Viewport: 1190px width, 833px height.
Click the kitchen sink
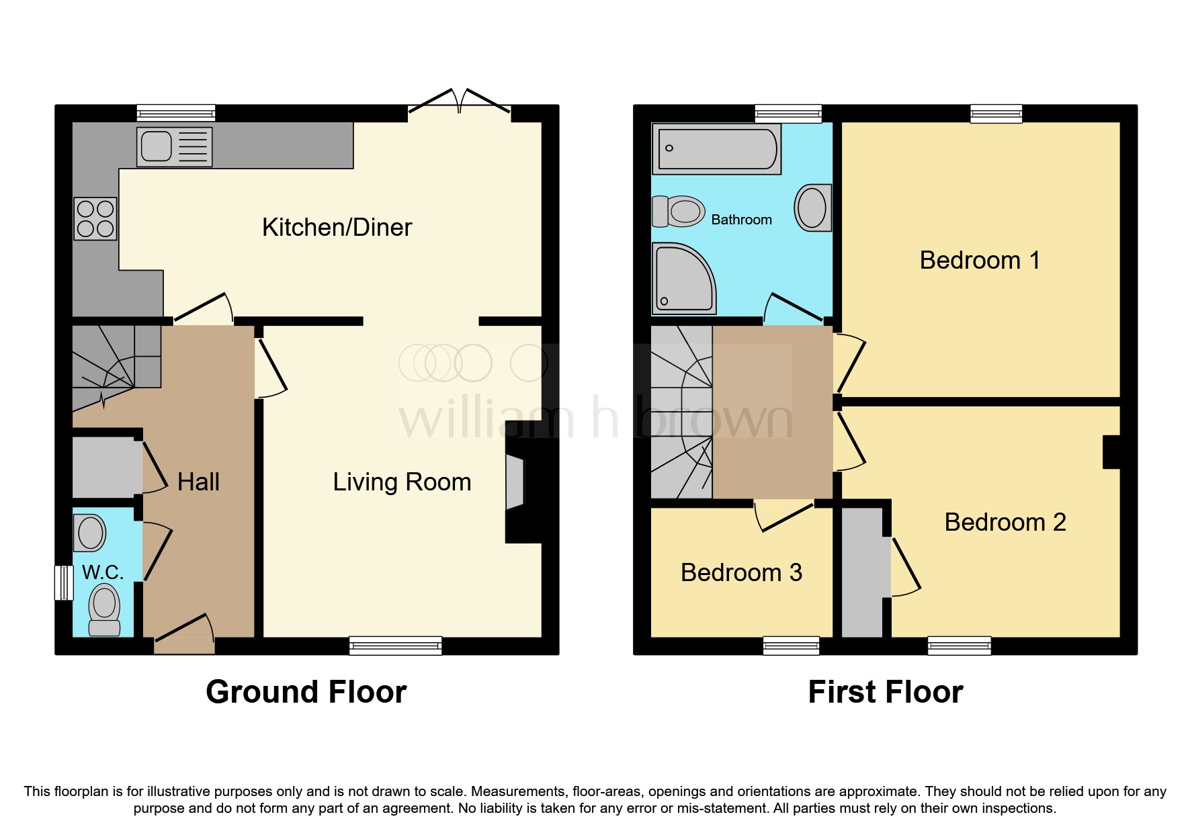pos(174,147)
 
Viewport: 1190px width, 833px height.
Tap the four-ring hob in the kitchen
pos(95,219)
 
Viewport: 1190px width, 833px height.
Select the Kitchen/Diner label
pos(337,228)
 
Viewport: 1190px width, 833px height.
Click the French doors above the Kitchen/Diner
pos(460,104)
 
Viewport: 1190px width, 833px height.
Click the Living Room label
pos(402,482)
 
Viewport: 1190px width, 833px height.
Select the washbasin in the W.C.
pos(91,533)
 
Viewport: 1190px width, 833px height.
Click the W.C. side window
pos(64,582)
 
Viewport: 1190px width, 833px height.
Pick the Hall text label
pos(198,482)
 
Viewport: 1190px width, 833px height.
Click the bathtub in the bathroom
pos(717,149)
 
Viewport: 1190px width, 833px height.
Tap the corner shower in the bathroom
pos(683,279)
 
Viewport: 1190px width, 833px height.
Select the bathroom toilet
pos(679,211)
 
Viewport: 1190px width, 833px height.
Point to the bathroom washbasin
pos(812,208)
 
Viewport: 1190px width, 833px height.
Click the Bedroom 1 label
pos(979,261)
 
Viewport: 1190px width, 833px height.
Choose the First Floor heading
pos(885,692)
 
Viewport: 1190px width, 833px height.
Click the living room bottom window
pos(395,646)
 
